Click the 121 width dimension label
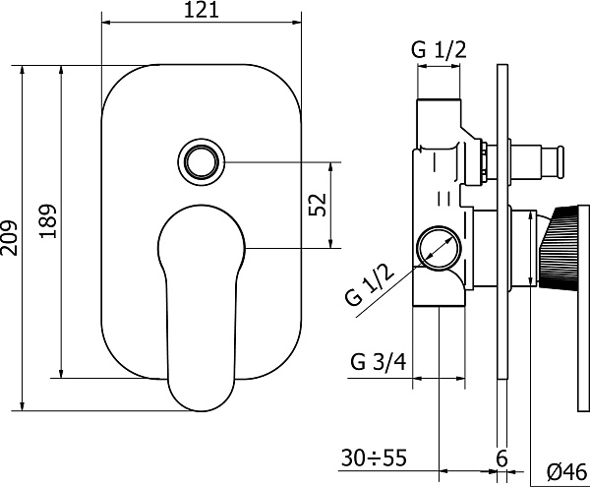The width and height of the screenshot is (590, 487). (x=201, y=10)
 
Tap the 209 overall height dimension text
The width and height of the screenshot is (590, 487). (x=8, y=238)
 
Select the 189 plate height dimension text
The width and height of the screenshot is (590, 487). (x=48, y=221)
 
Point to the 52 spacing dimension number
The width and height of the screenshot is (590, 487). (x=317, y=205)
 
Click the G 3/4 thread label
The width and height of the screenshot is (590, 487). (x=379, y=362)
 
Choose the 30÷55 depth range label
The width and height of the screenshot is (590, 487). (x=374, y=458)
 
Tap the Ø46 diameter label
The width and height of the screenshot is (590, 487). (x=567, y=471)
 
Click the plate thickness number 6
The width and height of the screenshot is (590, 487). (x=501, y=458)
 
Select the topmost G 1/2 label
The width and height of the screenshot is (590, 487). (x=439, y=49)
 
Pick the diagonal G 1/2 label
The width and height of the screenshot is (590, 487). (x=371, y=284)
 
